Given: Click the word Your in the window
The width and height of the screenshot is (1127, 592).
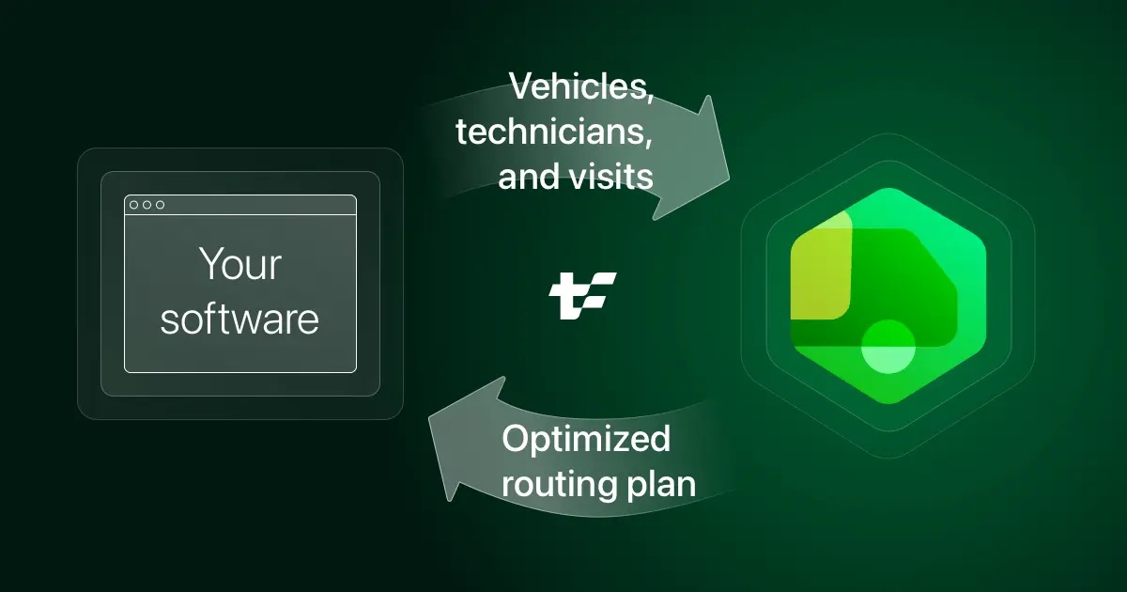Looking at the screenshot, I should [239, 265].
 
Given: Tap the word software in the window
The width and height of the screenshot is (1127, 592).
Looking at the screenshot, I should [239, 319].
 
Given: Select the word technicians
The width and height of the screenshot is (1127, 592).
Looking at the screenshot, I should [554, 132].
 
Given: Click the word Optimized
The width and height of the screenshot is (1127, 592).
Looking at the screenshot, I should [586, 439].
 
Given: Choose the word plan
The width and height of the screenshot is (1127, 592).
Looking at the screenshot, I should [662, 484].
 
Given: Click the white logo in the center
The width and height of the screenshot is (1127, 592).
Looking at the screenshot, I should [582, 296].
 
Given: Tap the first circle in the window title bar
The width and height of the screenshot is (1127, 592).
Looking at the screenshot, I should [134, 205].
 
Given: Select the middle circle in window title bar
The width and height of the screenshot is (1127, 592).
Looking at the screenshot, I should [147, 205].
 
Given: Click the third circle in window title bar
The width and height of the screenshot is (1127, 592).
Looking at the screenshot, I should [161, 205].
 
